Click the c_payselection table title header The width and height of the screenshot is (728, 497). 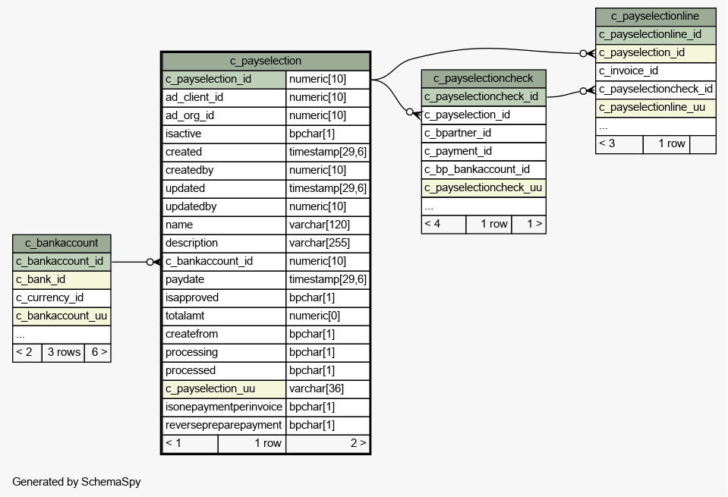(x=266, y=61)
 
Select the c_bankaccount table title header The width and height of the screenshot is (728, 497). (x=61, y=243)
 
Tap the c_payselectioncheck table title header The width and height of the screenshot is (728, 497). (x=484, y=78)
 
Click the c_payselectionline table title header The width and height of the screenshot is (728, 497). (x=656, y=17)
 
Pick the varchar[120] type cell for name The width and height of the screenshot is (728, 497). (x=328, y=225)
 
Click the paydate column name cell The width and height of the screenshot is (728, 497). (x=224, y=279)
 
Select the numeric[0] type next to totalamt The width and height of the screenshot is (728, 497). (x=328, y=316)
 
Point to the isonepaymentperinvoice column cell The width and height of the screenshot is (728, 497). (x=224, y=407)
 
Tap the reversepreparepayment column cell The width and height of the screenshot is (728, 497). (x=224, y=425)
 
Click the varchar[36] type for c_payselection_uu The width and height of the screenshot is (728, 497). (x=328, y=389)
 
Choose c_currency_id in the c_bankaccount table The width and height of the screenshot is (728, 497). (x=61, y=298)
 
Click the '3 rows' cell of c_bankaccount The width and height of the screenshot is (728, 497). (x=64, y=353)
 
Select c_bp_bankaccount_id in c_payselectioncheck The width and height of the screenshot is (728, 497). (x=484, y=169)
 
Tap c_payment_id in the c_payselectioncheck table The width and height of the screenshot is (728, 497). (x=484, y=151)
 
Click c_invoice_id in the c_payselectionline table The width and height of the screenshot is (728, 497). (x=656, y=71)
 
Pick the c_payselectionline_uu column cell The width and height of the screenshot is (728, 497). (x=656, y=108)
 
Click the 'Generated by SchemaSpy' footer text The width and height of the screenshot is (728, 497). (x=77, y=482)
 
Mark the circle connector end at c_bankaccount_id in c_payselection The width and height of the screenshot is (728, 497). (x=150, y=263)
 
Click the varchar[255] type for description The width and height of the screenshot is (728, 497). (x=328, y=243)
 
